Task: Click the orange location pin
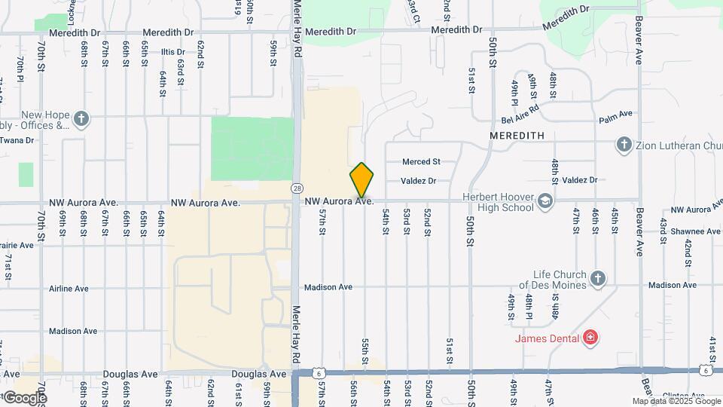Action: point(361,180)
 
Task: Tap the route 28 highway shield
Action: point(297,188)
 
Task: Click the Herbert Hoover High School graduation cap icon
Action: point(545,202)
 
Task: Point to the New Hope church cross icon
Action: point(81,118)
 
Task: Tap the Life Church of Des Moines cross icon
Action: point(598,279)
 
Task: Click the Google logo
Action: point(24,397)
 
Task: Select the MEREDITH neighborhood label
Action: point(517,136)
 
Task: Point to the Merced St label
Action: point(420,161)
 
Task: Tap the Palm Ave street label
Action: point(615,117)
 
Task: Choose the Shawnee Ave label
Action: point(695,231)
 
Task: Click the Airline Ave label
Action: point(69,289)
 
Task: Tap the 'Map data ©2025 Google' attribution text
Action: point(676,401)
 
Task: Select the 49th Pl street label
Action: point(514,91)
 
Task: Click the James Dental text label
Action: point(547,338)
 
